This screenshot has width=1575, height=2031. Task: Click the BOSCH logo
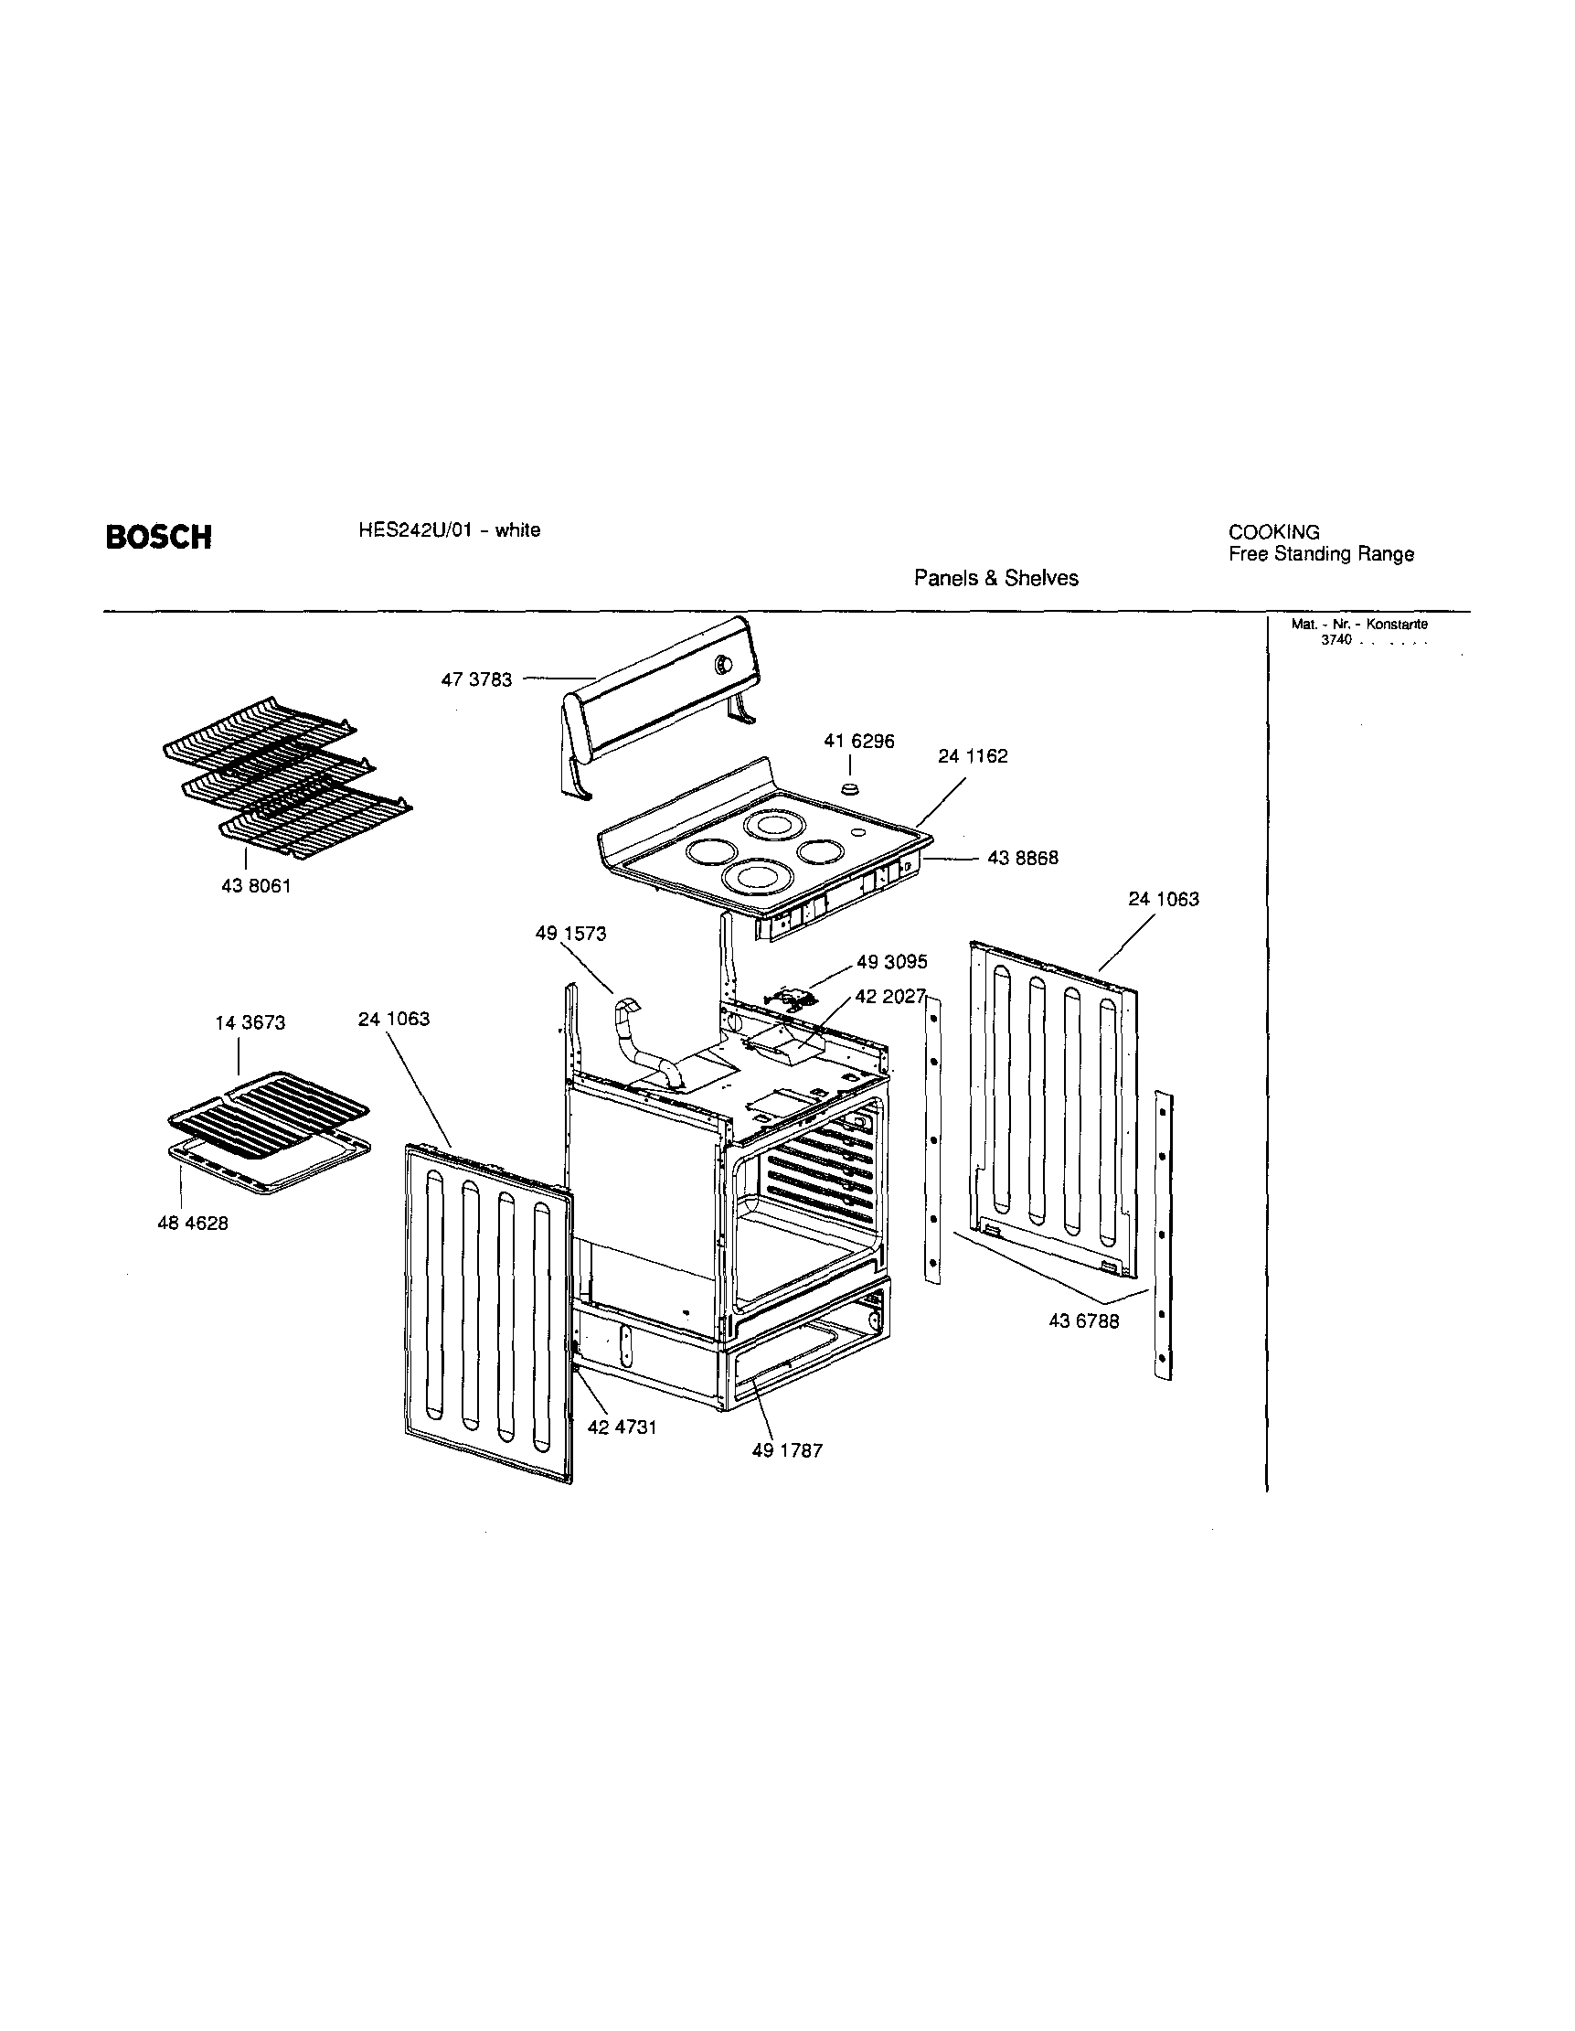pyautogui.click(x=158, y=538)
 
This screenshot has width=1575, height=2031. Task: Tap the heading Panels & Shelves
pyautogui.click(x=995, y=579)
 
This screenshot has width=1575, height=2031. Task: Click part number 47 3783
pyautogui.click(x=476, y=679)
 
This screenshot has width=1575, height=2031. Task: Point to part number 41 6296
pyautogui.click(x=859, y=742)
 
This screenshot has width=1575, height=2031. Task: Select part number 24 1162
pyautogui.click(x=973, y=756)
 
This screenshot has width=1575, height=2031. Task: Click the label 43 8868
pyautogui.click(x=1022, y=859)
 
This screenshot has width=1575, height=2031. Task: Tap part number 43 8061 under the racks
pyautogui.click(x=256, y=886)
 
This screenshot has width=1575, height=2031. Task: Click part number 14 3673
pyautogui.click(x=250, y=1023)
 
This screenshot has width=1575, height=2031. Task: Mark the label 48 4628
pyautogui.click(x=193, y=1224)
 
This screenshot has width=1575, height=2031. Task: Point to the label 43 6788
pyautogui.click(x=1083, y=1320)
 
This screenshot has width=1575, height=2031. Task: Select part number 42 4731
pyautogui.click(x=622, y=1427)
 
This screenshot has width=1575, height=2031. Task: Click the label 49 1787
pyautogui.click(x=788, y=1450)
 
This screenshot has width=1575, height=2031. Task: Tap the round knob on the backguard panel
pyautogui.click(x=721, y=664)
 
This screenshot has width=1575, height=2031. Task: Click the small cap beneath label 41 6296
pyautogui.click(x=849, y=788)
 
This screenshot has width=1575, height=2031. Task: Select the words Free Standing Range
pyautogui.click(x=1320, y=554)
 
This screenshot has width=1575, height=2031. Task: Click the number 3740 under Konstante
pyautogui.click(x=1336, y=641)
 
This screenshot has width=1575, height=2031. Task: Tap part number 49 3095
pyautogui.click(x=891, y=962)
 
